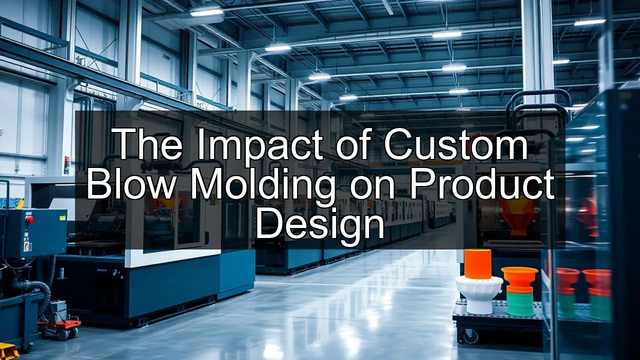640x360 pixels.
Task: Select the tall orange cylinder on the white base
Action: click(x=477, y=263)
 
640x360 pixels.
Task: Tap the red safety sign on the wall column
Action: click(x=67, y=165)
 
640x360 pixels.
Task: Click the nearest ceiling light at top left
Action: click(x=206, y=12)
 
